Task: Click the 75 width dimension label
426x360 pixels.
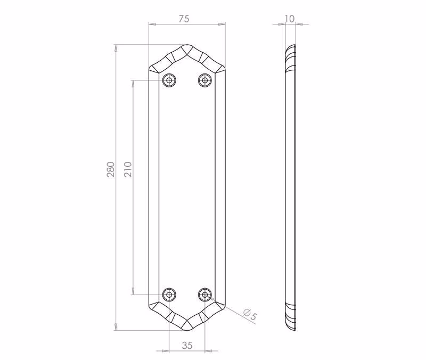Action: click(x=184, y=19)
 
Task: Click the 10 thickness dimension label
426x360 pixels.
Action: click(x=290, y=19)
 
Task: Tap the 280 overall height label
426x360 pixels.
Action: click(x=111, y=169)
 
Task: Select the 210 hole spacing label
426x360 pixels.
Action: click(x=128, y=169)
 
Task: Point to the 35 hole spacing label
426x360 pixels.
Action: click(x=187, y=346)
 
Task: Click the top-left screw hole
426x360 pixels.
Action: click(x=169, y=80)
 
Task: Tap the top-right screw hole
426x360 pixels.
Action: click(x=205, y=80)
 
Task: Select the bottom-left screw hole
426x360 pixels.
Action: click(x=169, y=294)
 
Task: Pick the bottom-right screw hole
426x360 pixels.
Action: click(x=205, y=294)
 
